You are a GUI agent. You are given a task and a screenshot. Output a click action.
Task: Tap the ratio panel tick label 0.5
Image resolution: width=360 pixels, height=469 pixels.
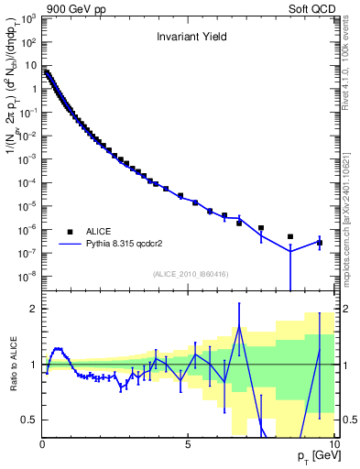30,420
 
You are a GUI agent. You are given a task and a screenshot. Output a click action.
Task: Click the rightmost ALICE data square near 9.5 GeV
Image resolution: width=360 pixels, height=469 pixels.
319,243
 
